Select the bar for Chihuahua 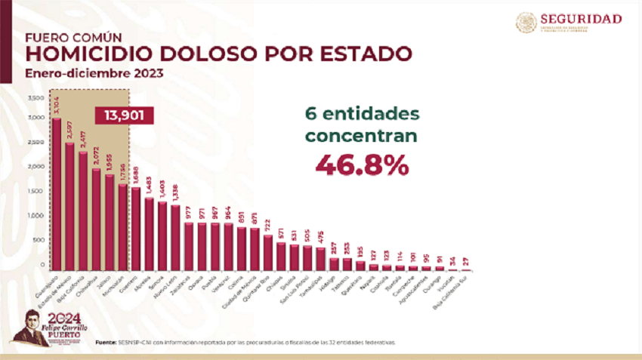[96, 219]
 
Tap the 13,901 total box [125, 115]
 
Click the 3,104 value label [57, 107]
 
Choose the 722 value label [268, 226]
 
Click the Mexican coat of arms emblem [526, 22]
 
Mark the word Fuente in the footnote [106, 342]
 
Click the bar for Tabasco [346, 263]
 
